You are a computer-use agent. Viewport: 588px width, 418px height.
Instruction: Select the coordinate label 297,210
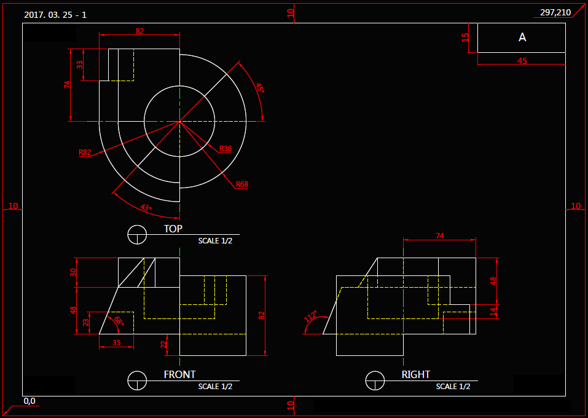[555, 12]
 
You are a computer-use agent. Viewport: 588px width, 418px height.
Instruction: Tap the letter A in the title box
[522, 37]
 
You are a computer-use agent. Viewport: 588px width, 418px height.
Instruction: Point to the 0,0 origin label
[29, 401]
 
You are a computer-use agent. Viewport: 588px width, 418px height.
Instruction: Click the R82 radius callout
[85, 152]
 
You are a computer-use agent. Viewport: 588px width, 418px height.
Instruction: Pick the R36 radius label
[225, 149]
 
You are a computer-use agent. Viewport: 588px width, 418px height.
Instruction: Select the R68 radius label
[241, 184]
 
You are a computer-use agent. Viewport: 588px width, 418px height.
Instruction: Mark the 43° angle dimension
[146, 208]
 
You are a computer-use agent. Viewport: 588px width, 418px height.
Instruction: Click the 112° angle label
[311, 317]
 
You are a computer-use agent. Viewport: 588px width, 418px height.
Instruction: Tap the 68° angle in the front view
[117, 320]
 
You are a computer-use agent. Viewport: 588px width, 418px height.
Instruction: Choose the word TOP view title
[173, 229]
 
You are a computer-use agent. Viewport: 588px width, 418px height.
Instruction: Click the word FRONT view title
[179, 374]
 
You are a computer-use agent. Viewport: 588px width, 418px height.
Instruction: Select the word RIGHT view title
[416, 374]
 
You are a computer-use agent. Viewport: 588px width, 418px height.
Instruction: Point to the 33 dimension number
[80, 65]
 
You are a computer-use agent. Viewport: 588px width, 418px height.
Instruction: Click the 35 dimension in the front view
[117, 343]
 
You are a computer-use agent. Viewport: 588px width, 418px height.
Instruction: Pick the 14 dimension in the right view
[493, 312]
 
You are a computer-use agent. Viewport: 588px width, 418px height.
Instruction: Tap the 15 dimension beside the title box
[466, 37]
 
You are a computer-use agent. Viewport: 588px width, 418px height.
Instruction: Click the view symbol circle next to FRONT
[137, 381]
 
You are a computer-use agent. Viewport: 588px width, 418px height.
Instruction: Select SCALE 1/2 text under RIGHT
[453, 387]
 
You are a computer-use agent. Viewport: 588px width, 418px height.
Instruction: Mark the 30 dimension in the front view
[73, 272]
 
